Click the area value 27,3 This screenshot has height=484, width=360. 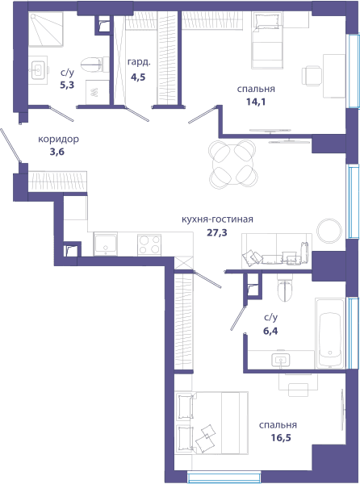point(217,232)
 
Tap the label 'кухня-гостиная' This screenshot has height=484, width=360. point(217,219)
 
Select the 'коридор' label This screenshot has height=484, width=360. point(58,140)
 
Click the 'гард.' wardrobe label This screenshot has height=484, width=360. point(139,63)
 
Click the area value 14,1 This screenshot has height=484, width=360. point(256,102)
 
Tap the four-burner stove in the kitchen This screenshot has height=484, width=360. point(149,244)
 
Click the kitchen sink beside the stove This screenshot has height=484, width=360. point(106,244)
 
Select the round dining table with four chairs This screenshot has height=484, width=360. point(233,164)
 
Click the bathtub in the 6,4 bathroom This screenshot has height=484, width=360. point(330,333)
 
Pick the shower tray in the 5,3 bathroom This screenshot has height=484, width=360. point(46,30)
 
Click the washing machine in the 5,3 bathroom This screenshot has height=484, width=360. point(97,92)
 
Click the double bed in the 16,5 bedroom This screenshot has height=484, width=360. point(211,423)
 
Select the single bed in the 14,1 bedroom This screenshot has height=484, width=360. point(267,40)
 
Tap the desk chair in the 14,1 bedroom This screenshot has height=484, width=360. point(312,76)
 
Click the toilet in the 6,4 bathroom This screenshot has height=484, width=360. point(284,288)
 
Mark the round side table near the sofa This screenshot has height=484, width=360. point(329,231)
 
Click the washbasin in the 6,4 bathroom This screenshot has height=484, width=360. point(281,360)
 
